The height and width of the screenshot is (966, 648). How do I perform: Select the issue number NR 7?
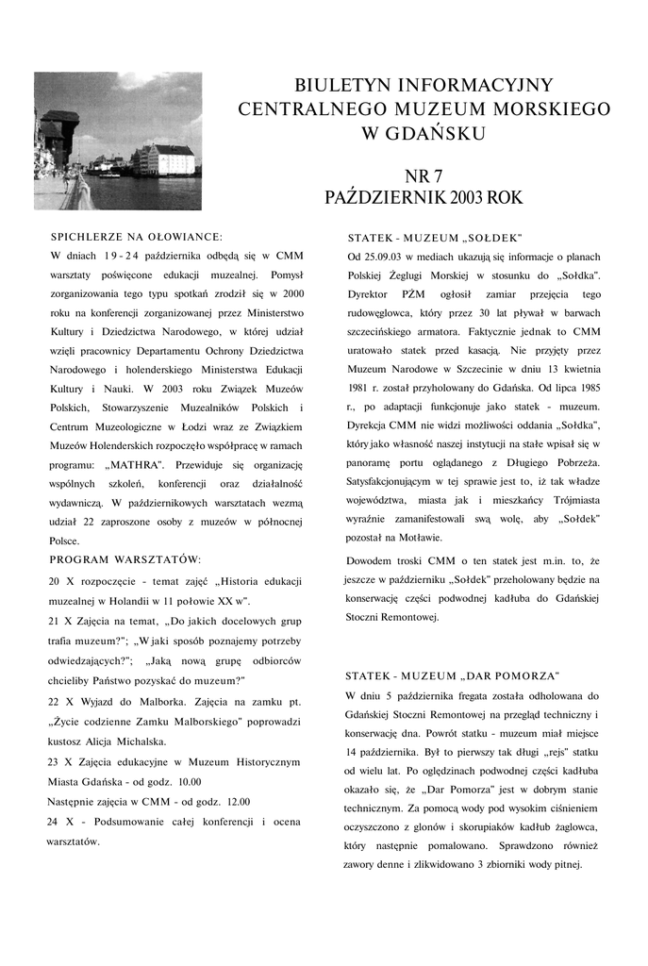click(424, 176)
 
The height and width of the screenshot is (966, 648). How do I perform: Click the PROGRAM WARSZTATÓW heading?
click(125, 560)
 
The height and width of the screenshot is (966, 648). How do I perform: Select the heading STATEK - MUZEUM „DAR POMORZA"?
click(453, 675)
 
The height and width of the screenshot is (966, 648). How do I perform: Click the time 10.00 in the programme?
click(190, 781)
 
